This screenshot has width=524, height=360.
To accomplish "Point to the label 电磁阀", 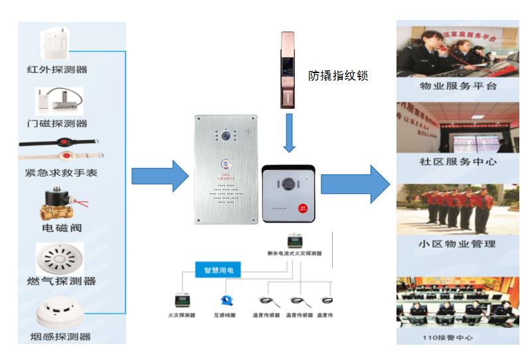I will (62, 228).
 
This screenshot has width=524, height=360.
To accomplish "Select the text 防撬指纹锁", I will (338, 76).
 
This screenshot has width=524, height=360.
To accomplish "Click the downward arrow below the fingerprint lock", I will (289, 132).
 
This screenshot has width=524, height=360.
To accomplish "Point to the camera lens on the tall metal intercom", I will (226, 135).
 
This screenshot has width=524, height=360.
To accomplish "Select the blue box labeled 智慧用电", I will (218, 271).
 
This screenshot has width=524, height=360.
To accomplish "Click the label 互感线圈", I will (224, 315).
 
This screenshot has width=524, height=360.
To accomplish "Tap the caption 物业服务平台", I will (458, 86).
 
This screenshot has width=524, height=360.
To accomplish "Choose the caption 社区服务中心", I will (458, 161).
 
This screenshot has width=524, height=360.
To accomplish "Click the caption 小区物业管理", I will (458, 244).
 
